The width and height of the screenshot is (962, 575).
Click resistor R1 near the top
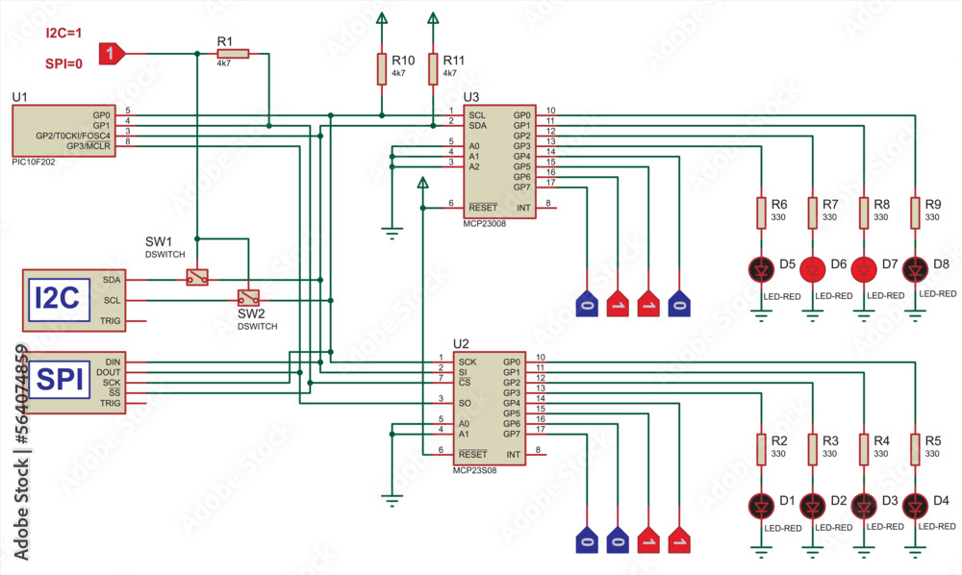click(x=232, y=54)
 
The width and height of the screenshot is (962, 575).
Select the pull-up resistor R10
click(x=382, y=69)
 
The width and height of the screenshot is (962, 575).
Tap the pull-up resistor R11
click(x=433, y=69)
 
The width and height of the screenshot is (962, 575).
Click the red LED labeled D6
click(x=814, y=268)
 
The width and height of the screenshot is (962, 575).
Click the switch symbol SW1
click(x=197, y=277)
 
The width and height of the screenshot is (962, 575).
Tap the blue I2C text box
click(x=57, y=298)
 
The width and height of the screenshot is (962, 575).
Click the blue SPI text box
click(x=57, y=381)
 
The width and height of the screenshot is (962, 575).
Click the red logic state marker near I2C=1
click(x=112, y=54)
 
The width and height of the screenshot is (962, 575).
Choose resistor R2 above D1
click(x=762, y=448)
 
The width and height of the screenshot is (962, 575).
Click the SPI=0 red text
click(x=63, y=64)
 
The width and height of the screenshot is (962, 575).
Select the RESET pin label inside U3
click(x=482, y=208)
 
